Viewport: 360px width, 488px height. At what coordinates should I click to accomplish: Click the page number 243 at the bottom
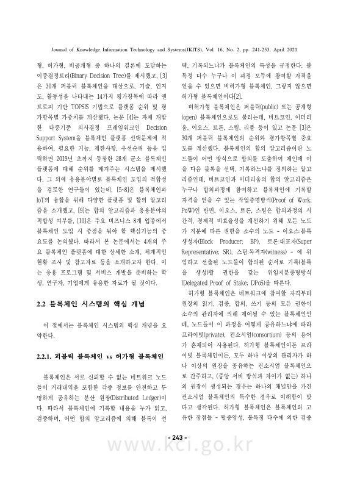coord(181,454)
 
